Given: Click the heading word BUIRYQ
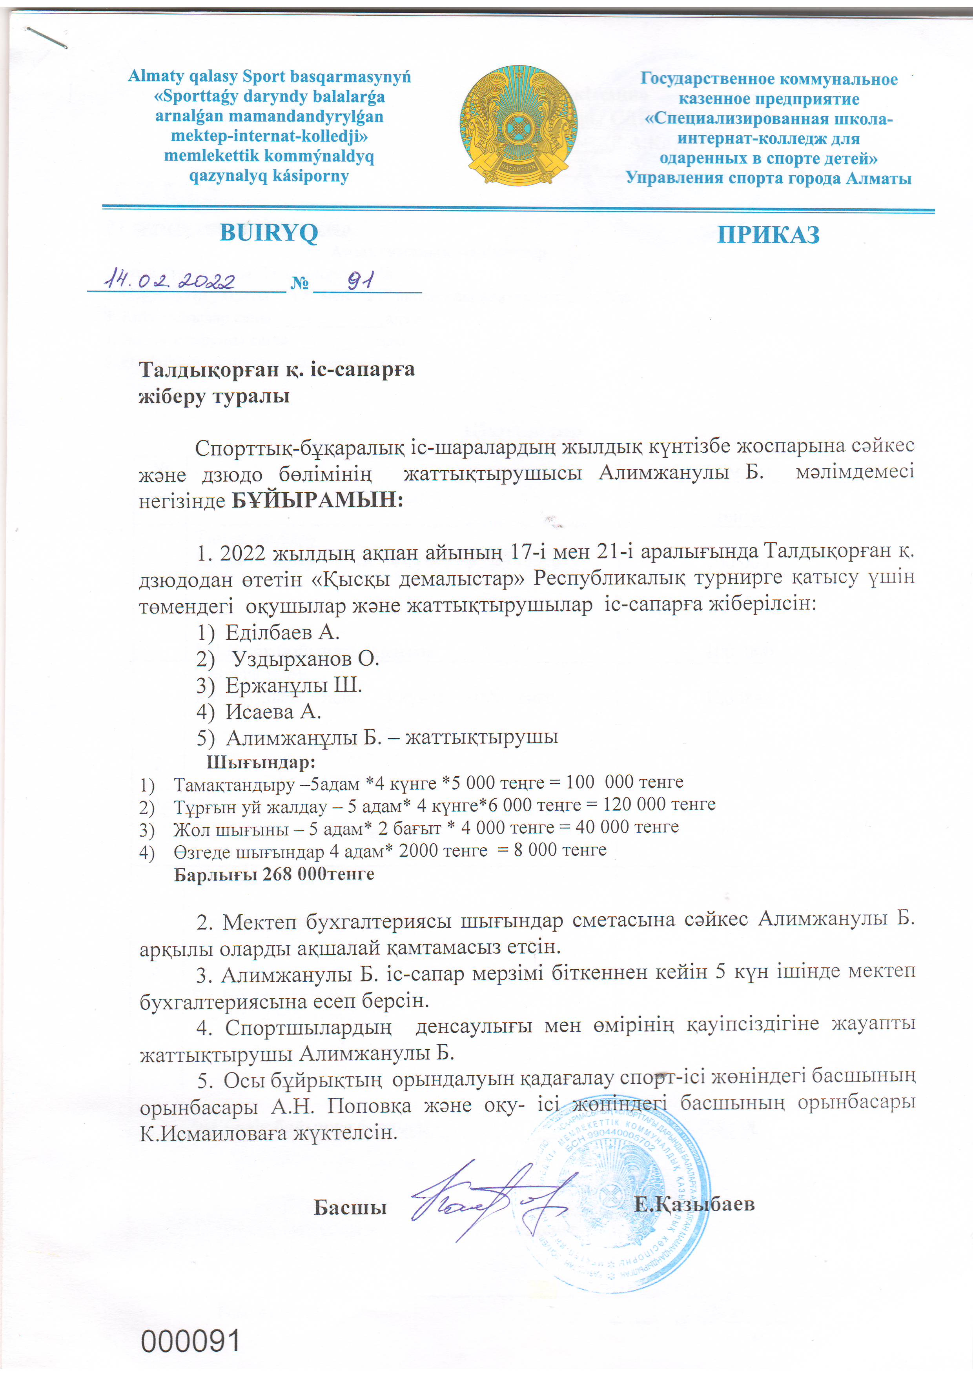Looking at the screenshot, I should [269, 233].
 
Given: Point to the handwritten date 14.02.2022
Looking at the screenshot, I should [169, 279].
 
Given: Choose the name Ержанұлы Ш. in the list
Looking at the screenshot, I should [293, 685].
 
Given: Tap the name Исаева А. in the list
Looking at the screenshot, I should [273, 712].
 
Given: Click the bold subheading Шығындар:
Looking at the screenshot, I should [261, 763].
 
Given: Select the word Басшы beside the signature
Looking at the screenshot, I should [350, 1207].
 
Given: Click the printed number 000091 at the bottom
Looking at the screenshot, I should [191, 1341].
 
